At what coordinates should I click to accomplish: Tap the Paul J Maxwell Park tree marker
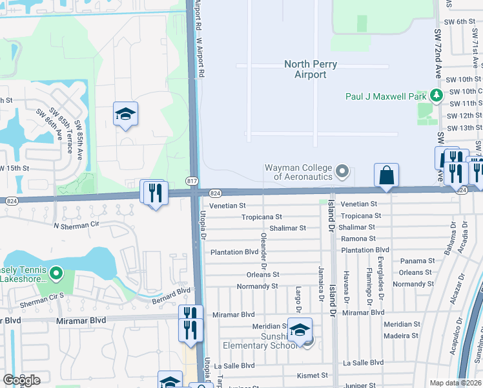click(x=437, y=95)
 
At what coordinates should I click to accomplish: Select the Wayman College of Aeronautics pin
click(x=343, y=172)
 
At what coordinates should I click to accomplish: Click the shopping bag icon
click(x=386, y=175)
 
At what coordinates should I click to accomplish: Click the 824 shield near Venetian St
click(x=216, y=193)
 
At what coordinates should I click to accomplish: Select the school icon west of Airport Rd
click(x=125, y=115)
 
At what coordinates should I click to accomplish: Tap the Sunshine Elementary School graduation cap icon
click(x=300, y=330)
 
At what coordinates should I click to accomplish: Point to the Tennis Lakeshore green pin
click(x=56, y=274)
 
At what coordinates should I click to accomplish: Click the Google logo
click(x=21, y=380)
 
